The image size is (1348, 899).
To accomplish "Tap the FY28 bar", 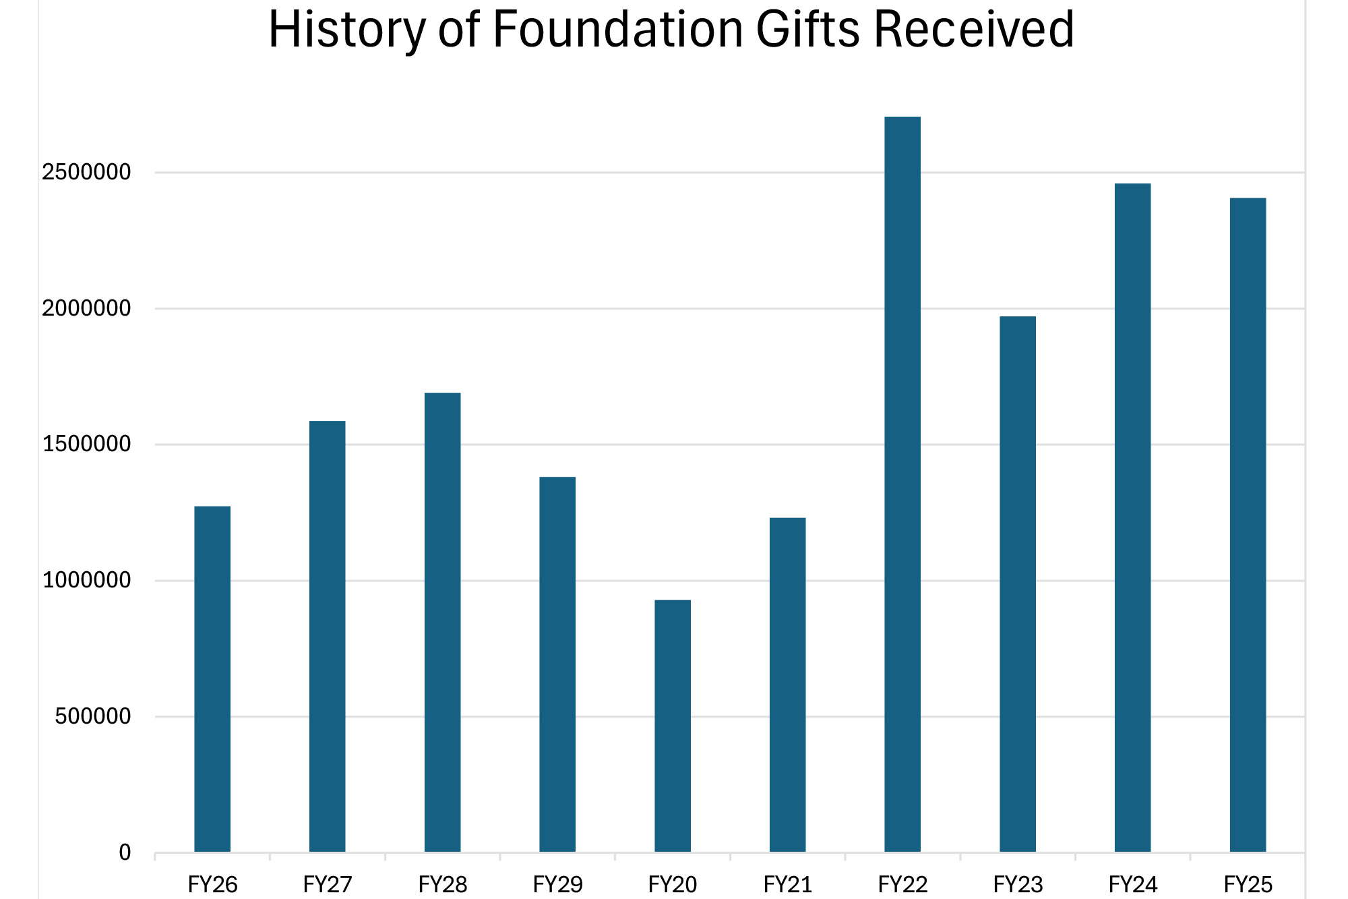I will click(442, 622).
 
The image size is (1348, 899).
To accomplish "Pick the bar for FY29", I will click(557, 664).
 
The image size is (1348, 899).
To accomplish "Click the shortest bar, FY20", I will click(673, 726).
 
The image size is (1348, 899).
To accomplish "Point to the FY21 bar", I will click(787, 685).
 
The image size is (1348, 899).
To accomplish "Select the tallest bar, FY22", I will click(902, 484).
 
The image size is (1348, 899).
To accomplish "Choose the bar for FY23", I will click(1018, 584).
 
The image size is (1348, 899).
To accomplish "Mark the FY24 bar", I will click(1132, 517).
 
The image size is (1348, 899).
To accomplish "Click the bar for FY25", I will click(1248, 525).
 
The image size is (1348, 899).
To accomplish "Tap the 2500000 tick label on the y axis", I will click(86, 173).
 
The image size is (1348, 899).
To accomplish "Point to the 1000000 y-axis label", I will click(86, 580).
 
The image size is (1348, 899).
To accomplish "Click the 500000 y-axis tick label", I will click(93, 716).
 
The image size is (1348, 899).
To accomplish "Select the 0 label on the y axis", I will click(125, 852).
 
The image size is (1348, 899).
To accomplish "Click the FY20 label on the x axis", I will click(673, 884).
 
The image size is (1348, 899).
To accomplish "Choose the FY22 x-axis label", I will click(902, 884).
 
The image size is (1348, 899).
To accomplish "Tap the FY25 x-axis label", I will click(1248, 884).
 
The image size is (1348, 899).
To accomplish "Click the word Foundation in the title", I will click(617, 30).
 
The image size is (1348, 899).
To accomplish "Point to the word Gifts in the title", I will click(808, 30).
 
